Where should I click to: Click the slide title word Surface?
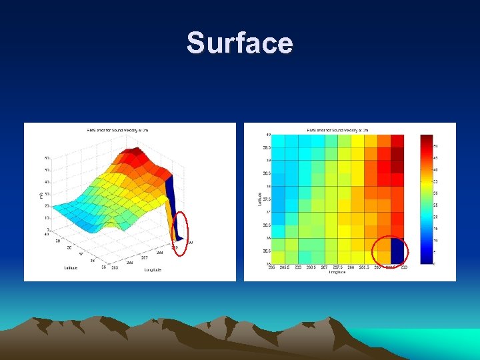[x=239, y=43]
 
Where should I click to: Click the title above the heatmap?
[x=337, y=129]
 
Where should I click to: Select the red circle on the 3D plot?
[x=180, y=226]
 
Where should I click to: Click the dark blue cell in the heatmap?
[x=397, y=251]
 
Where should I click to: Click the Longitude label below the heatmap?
[x=337, y=273]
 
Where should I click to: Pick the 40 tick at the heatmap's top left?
[x=268, y=135]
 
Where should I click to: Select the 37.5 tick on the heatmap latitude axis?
[x=267, y=199]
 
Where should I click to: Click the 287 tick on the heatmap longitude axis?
[x=324, y=267]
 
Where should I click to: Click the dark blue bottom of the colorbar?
[x=426, y=260]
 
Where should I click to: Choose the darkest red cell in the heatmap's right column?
[x=397, y=153]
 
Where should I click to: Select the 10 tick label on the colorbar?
[x=437, y=240]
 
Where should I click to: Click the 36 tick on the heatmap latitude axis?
[x=268, y=238]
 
